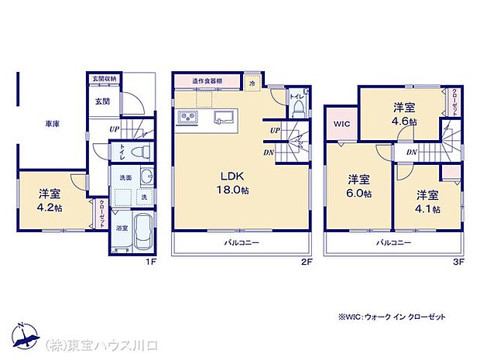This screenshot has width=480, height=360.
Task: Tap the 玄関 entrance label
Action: click(102, 101)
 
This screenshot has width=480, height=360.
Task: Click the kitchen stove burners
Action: click(190, 118)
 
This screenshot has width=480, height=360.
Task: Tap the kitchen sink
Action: click(222, 118)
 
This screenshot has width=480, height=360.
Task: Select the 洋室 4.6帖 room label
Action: click(404, 115)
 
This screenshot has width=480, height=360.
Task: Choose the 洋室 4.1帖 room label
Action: click(427, 202)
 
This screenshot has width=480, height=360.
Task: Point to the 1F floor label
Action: click(153, 262)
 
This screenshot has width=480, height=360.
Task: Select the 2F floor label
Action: click(307, 262)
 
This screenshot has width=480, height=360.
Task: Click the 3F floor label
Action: click(459, 262)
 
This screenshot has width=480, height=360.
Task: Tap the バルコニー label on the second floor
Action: click(242, 242)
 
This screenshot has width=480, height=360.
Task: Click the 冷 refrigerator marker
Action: click(253, 80)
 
